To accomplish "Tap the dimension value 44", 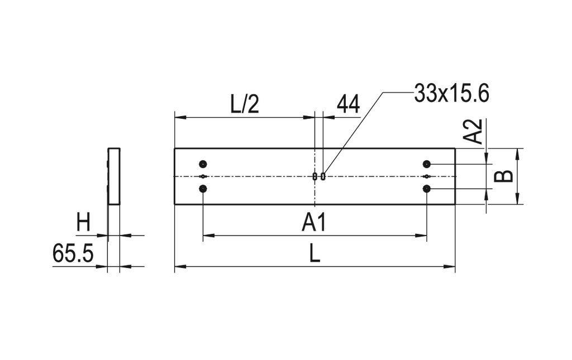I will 348,104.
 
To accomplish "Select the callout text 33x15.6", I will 451,93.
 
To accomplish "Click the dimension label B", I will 504,176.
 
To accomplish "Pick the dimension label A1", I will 314,223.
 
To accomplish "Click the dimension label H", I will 83,223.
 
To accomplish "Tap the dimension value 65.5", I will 73,254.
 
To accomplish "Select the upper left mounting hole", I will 203,164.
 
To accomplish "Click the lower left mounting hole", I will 203,189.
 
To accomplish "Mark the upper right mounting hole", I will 427,164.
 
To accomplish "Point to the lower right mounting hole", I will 427,189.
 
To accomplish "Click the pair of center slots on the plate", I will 319,176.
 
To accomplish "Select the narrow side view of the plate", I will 114,176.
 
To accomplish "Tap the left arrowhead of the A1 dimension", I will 207,236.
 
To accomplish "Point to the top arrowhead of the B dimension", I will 518,152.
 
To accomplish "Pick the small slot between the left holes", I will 203,176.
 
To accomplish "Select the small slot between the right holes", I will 427,176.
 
